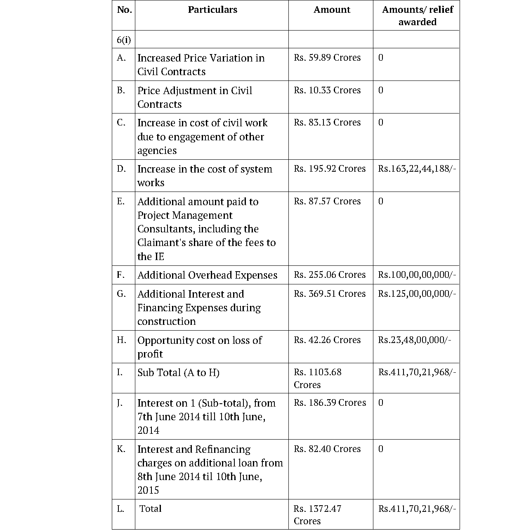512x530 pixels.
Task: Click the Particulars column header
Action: [x=212, y=10]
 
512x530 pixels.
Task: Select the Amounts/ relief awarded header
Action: [x=417, y=16]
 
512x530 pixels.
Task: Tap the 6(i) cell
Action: [x=124, y=40]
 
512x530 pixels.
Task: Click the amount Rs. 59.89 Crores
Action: [x=327, y=58]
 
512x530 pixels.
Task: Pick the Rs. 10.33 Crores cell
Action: [x=327, y=90]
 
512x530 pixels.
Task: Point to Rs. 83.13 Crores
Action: [x=327, y=123]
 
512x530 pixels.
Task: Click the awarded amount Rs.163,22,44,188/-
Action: [x=417, y=169]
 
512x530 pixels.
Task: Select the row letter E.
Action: [x=120, y=201]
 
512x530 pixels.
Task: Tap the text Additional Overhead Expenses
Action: [x=207, y=275]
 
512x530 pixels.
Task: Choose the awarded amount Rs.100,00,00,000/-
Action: [x=417, y=275]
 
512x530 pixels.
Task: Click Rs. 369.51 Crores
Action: [x=330, y=294]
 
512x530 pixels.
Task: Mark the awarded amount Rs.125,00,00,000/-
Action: [x=417, y=294]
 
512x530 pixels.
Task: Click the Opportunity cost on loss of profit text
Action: [x=199, y=347]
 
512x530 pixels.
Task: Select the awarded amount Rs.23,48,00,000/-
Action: [x=414, y=340]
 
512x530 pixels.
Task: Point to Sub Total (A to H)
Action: [x=178, y=373]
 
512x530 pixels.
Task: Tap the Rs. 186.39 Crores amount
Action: [x=330, y=403]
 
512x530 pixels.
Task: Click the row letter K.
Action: [x=121, y=449]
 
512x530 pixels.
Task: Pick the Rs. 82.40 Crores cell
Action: [x=327, y=449]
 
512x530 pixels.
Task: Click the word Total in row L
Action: [x=151, y=509]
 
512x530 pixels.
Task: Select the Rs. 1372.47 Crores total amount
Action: [x=317, y=515]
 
